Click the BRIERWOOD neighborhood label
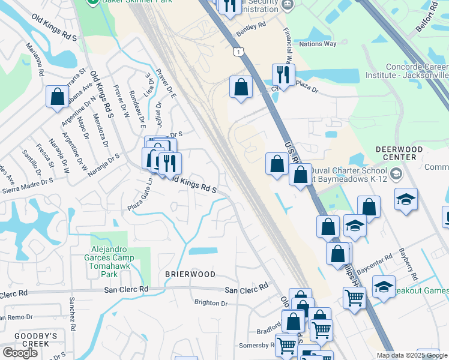(x=190, y=274)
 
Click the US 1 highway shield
(x=239, y=53)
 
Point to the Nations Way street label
(x=318, y=44)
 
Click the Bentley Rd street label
(x=250, y=28)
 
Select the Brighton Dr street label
(x=211, y=303)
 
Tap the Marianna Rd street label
(x=35, y=58)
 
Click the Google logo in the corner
(x=20, y=352)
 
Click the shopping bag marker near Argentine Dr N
(x=58, y=97)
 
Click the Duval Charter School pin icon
(x=396, y=174)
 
